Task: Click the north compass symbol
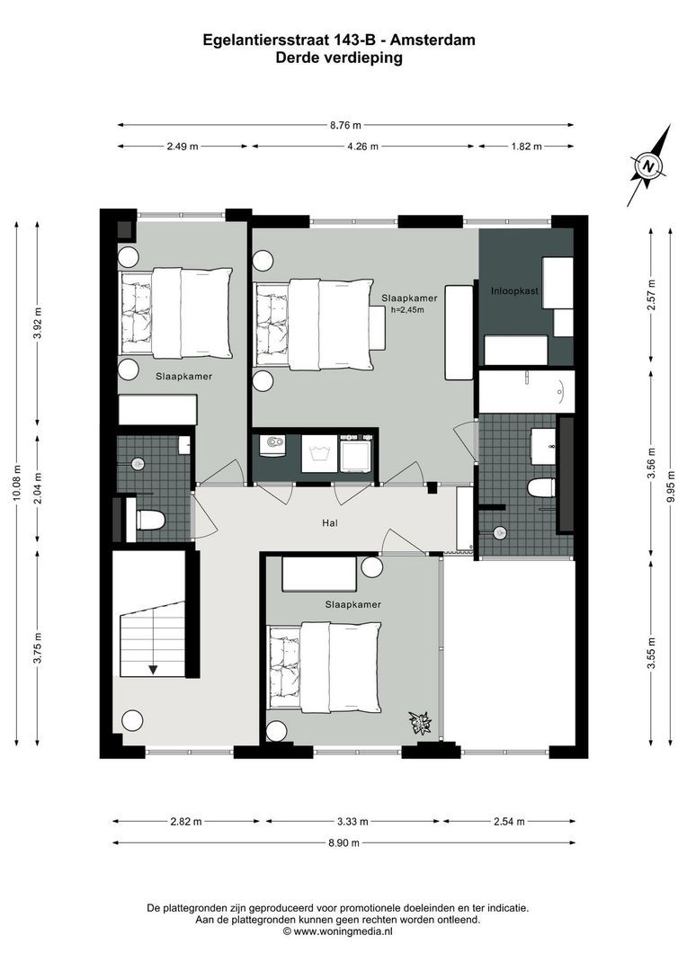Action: (647, 166)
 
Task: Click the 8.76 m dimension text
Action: (345, 126)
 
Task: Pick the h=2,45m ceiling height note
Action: (408, 309)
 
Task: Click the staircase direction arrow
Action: (154, 668)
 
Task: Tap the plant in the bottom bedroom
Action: (421, 721)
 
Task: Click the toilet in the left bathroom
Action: (149, 520)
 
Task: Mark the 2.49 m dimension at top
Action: (183, 146)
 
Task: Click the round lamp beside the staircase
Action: (132, 720)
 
